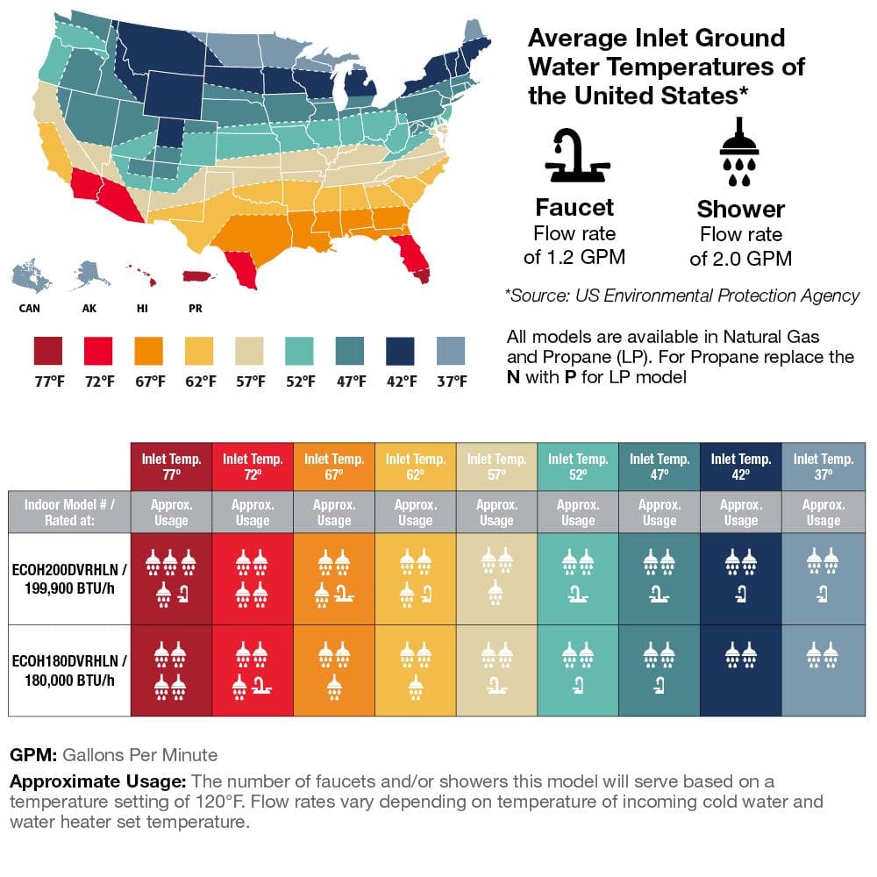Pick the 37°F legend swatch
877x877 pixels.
[452, 351]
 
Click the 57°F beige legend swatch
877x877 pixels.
[250, 351]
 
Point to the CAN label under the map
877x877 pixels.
[29, 309]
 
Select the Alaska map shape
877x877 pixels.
[91, 274]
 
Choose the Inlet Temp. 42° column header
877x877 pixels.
[741, 467]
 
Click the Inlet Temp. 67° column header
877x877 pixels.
[334, 467]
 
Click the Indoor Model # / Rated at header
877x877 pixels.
[69, 512]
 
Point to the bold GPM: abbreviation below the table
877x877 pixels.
[33, 754]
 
